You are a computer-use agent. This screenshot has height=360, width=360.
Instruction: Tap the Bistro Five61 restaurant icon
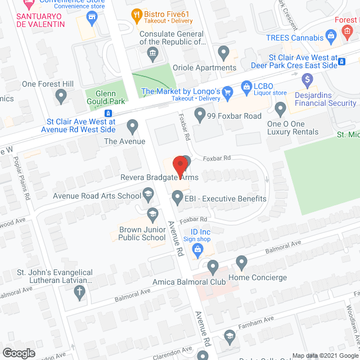(x=136, y=14)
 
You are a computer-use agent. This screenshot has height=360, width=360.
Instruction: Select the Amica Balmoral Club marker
(x=213, y=265)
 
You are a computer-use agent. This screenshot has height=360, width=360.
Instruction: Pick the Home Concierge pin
(x=242, y=262)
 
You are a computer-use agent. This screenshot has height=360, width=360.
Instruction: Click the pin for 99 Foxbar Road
(x=200, y=114)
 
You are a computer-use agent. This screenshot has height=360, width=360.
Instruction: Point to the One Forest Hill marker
(x=61, y=97)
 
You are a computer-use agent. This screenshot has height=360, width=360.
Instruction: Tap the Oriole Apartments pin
(x=224, y=54)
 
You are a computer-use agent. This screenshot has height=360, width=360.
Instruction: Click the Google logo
(x=18, y=353)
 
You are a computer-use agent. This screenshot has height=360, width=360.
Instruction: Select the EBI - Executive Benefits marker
(x=178, y=197)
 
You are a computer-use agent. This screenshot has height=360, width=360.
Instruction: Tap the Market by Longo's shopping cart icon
(x=228, y=92)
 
